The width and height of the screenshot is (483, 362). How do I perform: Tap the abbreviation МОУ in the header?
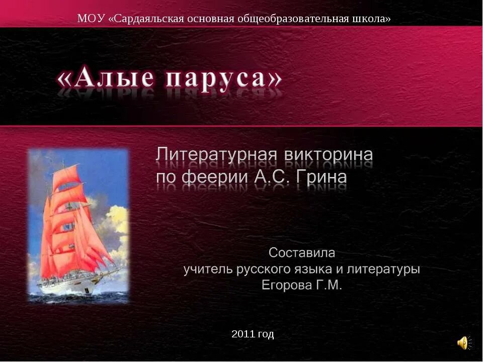(91, 19)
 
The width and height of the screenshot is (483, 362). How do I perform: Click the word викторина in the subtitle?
(327, 154)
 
